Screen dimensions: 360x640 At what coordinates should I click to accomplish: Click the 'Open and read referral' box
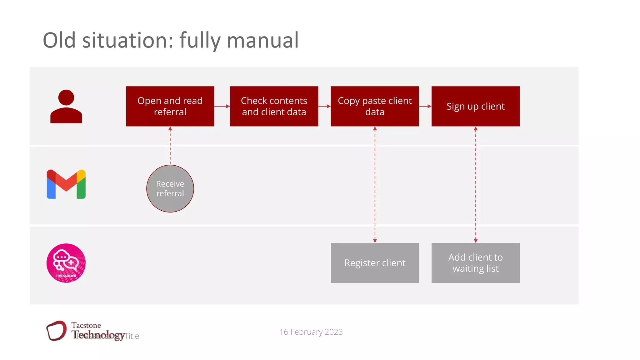click(x=170, y=106)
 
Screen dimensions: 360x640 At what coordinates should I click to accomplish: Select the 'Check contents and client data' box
click(x=274, y=106)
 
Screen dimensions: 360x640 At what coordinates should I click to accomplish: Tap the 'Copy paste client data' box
click(x=375, y=106)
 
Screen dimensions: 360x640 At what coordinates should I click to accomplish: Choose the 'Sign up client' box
click(x=475, y=106)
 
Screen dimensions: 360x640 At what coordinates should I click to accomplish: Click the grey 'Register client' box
click(x=375, y=263)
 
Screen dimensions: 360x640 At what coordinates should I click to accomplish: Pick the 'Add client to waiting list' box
click(x=475, y=263)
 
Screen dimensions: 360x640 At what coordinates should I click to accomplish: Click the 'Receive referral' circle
click(x=170, y=188)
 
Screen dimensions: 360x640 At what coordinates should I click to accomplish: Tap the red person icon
click(x=66, y=107)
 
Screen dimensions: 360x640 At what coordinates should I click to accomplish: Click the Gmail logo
click(x=66, y=184)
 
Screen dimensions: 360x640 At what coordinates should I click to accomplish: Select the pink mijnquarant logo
click(x=66, y=263)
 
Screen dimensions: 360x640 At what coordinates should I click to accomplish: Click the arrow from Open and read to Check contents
click(x=222, y=106)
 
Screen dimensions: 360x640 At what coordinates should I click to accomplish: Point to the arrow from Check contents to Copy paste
click(x=324, y=106)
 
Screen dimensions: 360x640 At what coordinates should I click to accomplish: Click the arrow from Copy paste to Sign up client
click(x=425, y=106)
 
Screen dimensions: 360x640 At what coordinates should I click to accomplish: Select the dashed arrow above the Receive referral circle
click(x=170, y=145)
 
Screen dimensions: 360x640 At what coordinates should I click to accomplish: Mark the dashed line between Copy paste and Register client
click(x=375, y=184)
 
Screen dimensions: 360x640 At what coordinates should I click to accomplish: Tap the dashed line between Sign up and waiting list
click(x=476, y=184)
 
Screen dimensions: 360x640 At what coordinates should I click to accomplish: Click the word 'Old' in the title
click(x=59, y=40)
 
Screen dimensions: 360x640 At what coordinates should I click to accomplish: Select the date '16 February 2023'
click(x=311, y=332)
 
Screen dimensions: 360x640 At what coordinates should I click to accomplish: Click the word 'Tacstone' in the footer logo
click(x=86, y=325)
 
